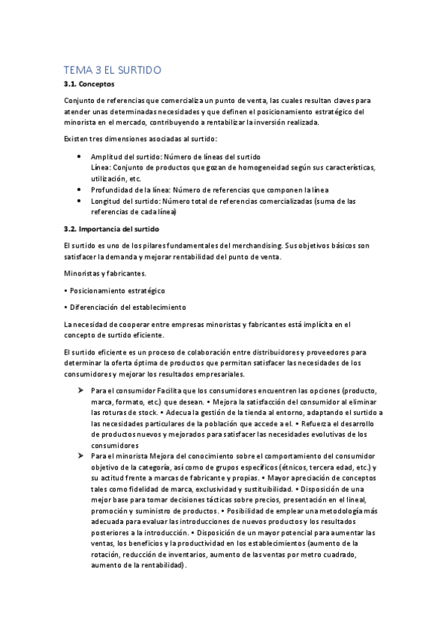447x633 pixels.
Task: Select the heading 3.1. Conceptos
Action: (x=87, y=85)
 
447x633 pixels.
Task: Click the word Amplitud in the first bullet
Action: (x=106, y=157)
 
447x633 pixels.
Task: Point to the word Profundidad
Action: (x=113, y=190)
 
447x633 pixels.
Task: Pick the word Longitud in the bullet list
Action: (x=107, y=202)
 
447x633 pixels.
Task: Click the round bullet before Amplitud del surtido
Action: (x=79, y=157)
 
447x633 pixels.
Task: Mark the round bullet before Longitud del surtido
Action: (x=79, y=202)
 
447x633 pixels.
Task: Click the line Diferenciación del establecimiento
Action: (x=125, y=307)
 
